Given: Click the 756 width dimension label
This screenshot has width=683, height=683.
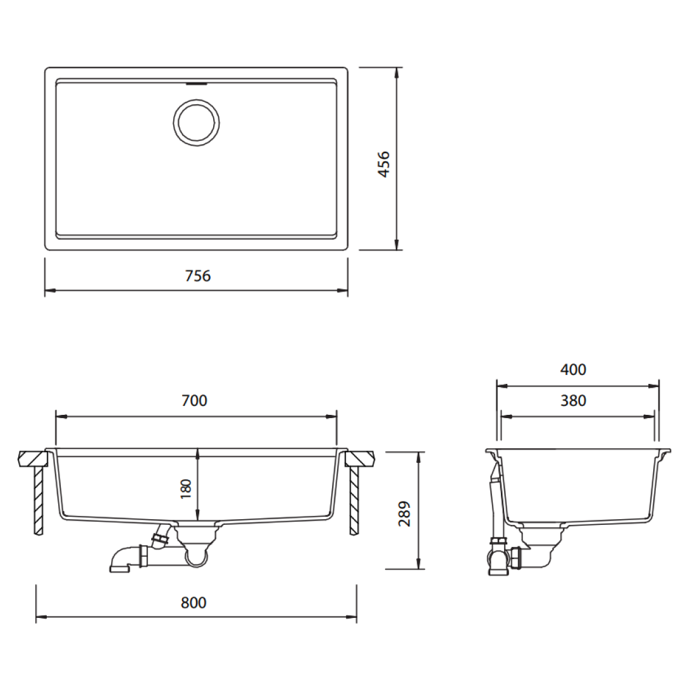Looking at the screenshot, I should tap(197, 276).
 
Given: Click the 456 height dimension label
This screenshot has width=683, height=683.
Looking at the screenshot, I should tap(383, 164).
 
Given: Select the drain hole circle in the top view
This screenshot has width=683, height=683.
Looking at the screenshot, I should tap(197, 122).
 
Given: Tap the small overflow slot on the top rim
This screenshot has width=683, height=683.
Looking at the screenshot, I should tap(197, 82).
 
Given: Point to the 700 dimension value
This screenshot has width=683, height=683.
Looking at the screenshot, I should tap(194, 400).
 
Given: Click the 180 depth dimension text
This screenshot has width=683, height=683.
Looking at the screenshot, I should tap(186, 489).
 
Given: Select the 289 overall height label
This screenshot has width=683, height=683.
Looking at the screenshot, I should tap(405, 514).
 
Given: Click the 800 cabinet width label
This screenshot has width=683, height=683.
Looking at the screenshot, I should tap(194, 603).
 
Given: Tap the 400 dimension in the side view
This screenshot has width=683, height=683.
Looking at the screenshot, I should tap(573, 370).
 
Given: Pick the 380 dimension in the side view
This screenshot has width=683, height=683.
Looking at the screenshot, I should tap(573, 400).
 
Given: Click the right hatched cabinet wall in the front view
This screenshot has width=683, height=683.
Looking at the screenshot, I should tap(354, 500).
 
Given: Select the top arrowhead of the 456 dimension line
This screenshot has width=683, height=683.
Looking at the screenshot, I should tap(397, 72).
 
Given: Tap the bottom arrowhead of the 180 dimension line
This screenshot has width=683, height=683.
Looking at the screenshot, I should tap(198, 515).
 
